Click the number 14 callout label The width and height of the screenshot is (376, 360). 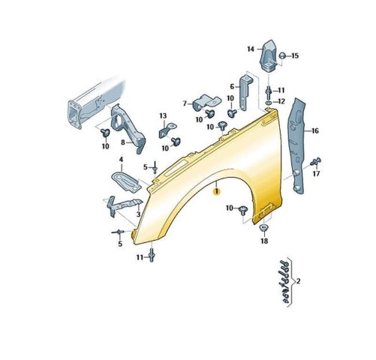(251, 49)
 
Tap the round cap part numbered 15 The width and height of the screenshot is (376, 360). (282, 55)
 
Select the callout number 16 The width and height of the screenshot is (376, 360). (315, 130)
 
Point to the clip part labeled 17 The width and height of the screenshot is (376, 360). (316, 162)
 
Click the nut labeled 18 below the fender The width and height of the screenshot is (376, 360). (263, 228)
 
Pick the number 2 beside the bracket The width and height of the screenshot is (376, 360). (298, 281)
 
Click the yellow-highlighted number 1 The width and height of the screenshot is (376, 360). (216, 192)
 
